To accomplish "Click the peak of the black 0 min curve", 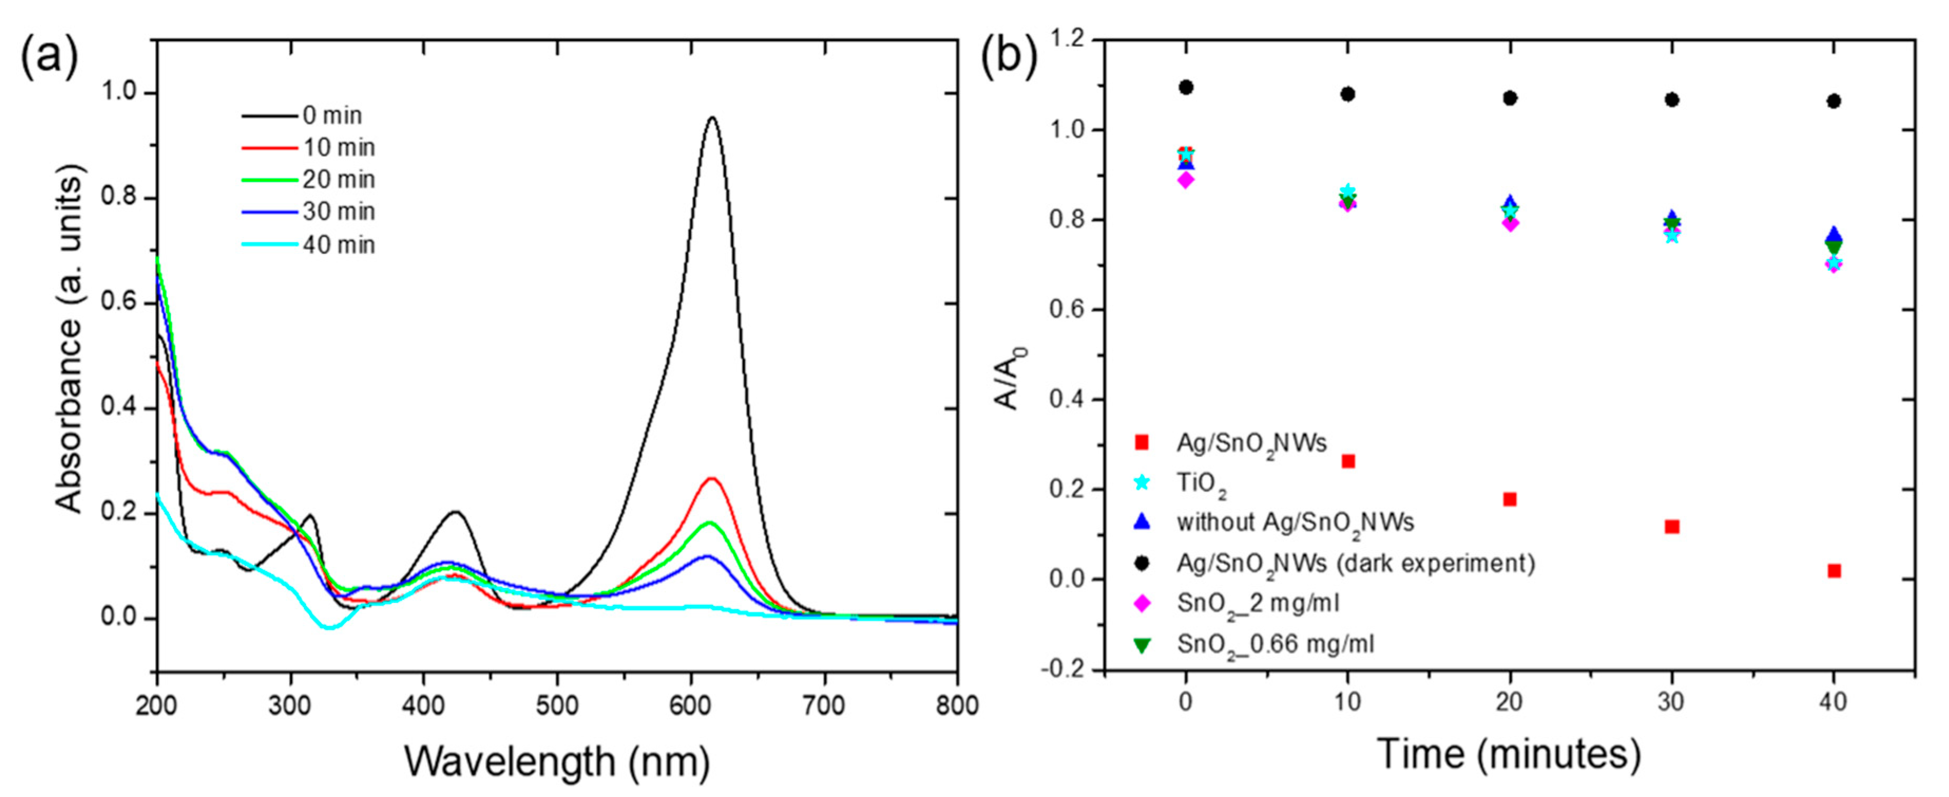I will [x=711, y=118].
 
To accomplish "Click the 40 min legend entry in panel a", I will [x=338, y=244].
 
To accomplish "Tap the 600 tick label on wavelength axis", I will [x=690, y=705].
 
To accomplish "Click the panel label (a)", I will [x=49, y=58].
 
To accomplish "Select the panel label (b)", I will [x=1009, y=58].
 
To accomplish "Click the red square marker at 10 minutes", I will [x=1348, y=461].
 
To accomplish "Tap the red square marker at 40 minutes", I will [x=1834, y=571].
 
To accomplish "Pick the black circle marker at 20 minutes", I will [x=1510, y=98].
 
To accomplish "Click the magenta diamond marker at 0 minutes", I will [x=1186, y=180].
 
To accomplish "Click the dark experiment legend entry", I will [x=1355, y=564].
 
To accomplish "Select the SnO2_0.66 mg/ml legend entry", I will [x=1275, y=644].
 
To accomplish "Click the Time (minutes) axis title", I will [x=1509, y=755].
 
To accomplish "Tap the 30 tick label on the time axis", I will [x=1672, y=703].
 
